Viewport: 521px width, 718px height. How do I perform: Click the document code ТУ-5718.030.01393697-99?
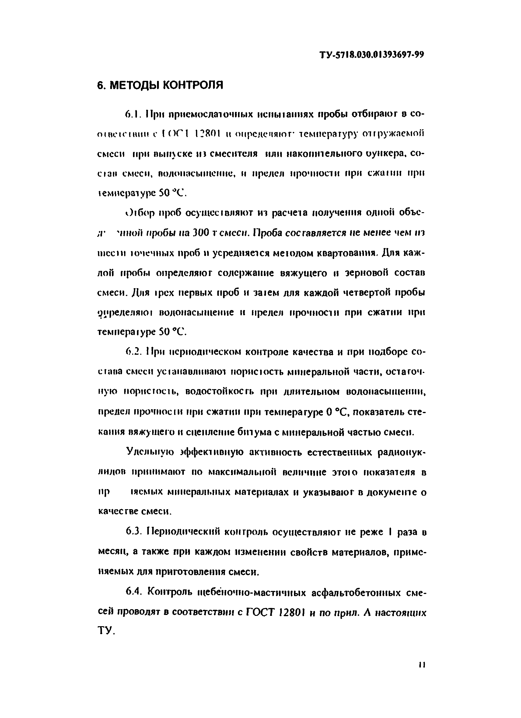[x=371, y=55]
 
